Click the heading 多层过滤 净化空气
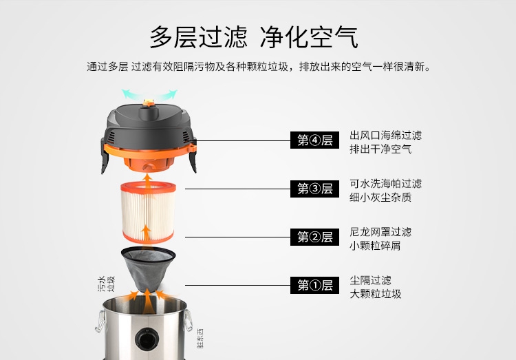point(254,37)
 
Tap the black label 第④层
point(314,140)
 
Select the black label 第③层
point(314,189)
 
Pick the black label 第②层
point(314,237)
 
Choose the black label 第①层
point(314,285)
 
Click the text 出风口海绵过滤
point(386,135)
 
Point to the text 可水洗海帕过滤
point(386,184)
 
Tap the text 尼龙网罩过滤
point(380,232)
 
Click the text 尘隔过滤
point(370,280)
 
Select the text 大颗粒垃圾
point(375,294)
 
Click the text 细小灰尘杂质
point(380,198)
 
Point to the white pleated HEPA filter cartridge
point(148,213)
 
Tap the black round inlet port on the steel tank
point(147,339)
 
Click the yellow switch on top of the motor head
point(149,103)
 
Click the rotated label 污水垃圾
point(106,284)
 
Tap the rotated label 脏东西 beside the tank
point(200,338)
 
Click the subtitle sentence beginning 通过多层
point(259,67)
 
